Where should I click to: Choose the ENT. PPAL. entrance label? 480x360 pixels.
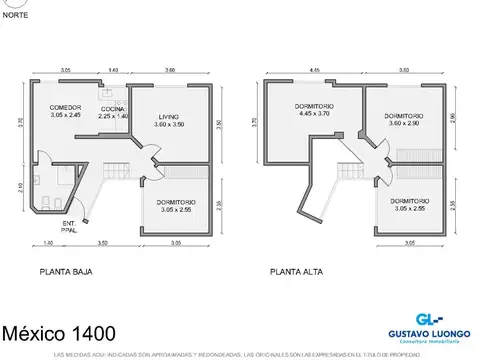(69, 224)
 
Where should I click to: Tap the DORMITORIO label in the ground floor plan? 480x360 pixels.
(175, 203)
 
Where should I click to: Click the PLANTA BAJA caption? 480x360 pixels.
(66, 270)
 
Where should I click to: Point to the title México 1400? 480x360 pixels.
(58, 332)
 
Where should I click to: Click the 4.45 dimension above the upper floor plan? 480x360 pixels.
(314, 70)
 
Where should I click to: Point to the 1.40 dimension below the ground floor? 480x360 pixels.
(48, 243)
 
